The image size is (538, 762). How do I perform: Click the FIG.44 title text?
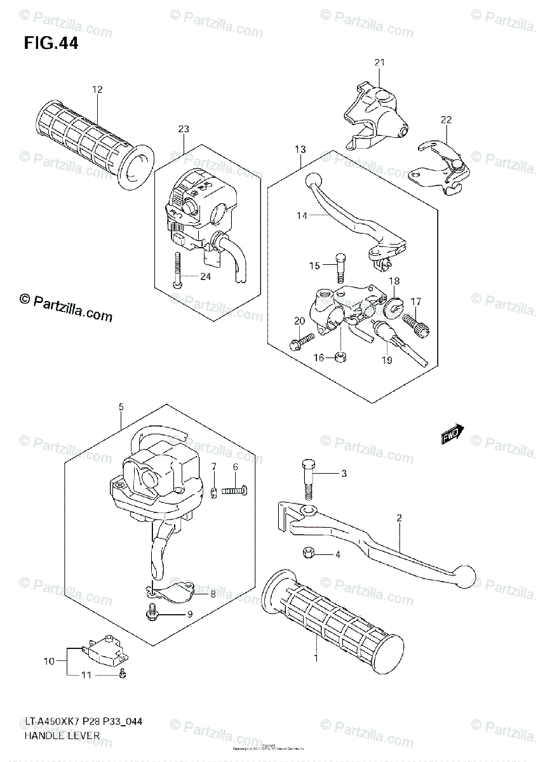coord(51,44)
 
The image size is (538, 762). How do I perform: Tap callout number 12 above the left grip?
coord(97,90)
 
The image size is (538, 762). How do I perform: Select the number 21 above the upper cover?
coord(379,62)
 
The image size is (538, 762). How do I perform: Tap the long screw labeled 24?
coord(178,269)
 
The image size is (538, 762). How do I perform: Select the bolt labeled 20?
coord(299,342)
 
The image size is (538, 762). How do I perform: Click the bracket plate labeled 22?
coord(442,166)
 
